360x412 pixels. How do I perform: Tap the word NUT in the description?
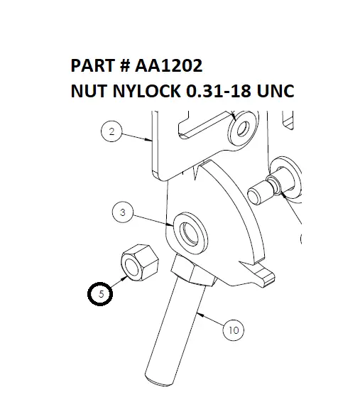pos(88,92)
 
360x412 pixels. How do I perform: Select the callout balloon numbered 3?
pos(123,212)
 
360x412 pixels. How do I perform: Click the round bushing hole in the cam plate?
pos(192,232)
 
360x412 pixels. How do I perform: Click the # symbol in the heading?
pos(124,66)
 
